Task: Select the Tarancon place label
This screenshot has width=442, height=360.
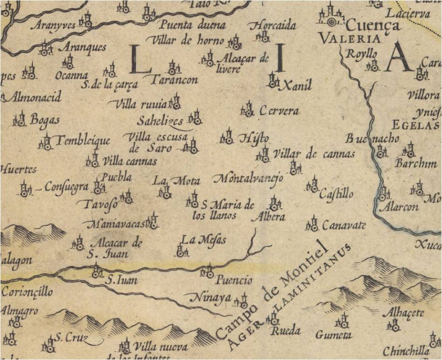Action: (x=174, y=80)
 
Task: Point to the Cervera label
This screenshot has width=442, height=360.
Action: (x=279, y=112)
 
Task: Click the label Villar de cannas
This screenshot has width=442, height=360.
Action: (x=313, y=154)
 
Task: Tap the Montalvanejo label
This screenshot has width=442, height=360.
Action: (x=248, y=178)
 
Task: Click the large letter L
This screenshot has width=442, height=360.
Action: (x=140, y=59)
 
